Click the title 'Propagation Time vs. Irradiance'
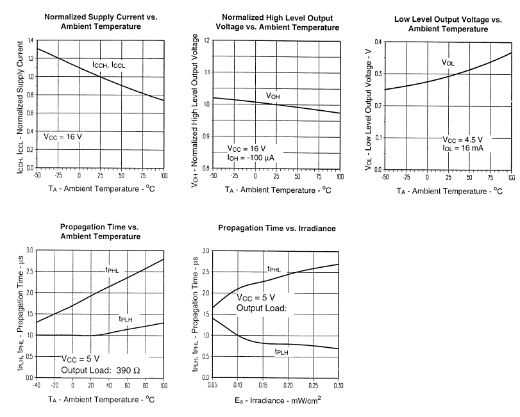coord(277,228)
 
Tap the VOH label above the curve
coord(273,96)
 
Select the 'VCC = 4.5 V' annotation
coord(464,140)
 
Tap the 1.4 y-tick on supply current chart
coord(31,40)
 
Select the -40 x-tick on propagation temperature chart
coord(37,385)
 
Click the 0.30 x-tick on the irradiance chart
coord(338,385)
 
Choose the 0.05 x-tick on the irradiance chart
coord(212,385)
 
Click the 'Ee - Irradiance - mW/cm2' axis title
coord(277,401)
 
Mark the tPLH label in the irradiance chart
coord(281,352)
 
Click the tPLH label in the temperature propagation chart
coord(126,318)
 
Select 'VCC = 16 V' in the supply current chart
coord(63,136)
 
